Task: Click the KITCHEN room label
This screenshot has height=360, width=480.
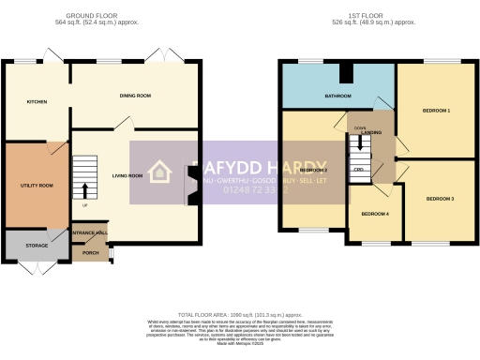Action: coord(37,101)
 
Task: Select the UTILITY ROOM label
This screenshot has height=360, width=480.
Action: coord(37,186)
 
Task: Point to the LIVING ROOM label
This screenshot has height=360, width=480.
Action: coord(127,175)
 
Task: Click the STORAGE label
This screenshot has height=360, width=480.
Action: coord(37,246)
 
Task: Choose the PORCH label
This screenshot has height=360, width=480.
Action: coord(90,252)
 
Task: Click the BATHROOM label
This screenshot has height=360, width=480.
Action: coord(337,96)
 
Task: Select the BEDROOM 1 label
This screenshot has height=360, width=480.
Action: coord(436,111)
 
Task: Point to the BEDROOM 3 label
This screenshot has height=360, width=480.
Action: coord(439,200)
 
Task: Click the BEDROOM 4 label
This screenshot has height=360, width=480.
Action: coord(376,215)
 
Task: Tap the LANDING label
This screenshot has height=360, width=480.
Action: coord(370,133)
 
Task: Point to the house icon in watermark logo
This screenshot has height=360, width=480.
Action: coord(158,172)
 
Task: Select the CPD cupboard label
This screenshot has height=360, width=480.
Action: coord(358,169)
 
